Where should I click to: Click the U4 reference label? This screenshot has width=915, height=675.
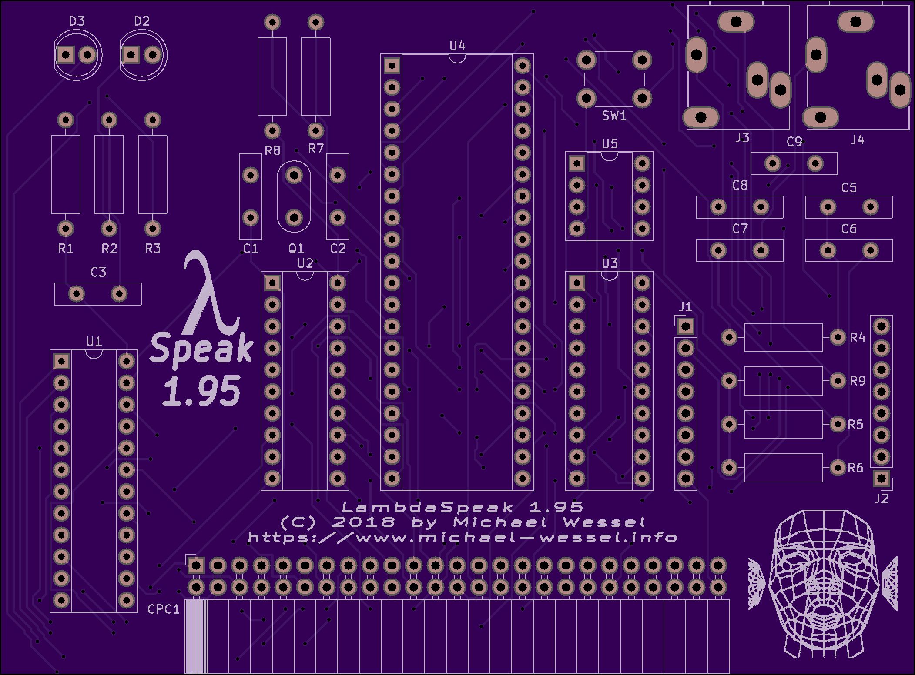click(x=457, y=46)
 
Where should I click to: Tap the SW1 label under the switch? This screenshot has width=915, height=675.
click(x=614, y=116)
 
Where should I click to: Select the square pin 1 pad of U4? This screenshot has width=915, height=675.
click(x=392, y=66)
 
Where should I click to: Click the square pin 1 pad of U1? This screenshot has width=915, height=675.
click(x=61, y=361)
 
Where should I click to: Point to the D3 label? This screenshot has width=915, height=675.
click(x=77, y=21)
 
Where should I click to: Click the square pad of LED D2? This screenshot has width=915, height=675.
click(x=131, y=55)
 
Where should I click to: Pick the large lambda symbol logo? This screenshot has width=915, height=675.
click(x=209, y=291)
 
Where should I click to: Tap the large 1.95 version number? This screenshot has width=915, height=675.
click(x=201, y=391)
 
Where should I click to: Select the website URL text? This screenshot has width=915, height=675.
click(x=462, y=538)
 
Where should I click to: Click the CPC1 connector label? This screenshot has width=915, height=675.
click(x=163, y=609)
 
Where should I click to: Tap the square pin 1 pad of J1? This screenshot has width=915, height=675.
click(x=685, y=326)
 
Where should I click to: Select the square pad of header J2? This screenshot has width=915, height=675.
click(x=881, y=479)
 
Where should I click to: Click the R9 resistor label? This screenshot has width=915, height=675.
click(x=857, y=381)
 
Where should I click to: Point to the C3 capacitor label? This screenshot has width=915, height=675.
click(x=98, y=272)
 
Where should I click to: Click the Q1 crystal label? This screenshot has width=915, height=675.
click(x=296, y=249)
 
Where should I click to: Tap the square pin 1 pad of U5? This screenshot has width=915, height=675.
click(x=577, y=163)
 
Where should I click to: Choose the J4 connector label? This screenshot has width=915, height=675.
click(x=857, y=140)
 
